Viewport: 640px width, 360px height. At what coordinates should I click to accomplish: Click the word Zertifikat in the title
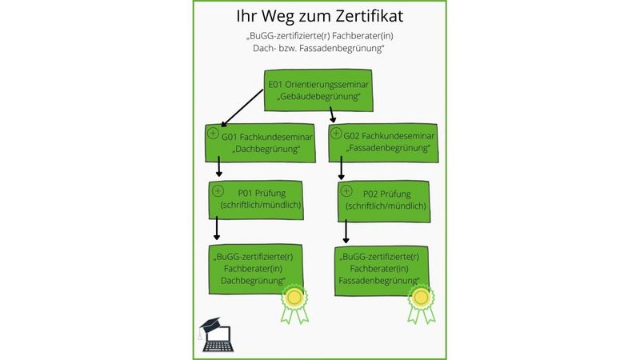(x=365, y=18)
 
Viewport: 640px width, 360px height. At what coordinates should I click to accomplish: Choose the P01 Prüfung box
(x=259, y=199)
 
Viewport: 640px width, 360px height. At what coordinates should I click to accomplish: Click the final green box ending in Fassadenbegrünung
(x=380, y=269)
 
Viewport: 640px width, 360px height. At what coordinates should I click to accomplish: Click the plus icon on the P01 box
(x=217, y=190)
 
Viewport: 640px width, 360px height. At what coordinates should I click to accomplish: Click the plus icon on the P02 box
(x=346, y=191)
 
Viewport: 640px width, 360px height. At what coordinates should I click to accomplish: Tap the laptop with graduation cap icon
(x=216, y=334)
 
